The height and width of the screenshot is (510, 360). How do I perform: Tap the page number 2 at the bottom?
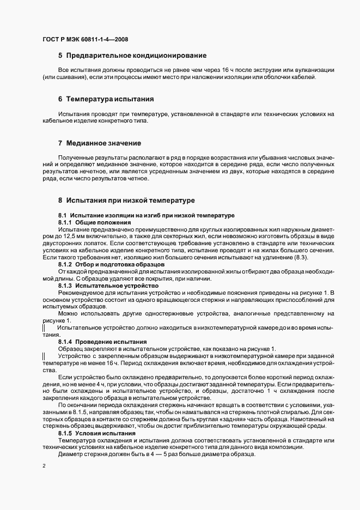tap(44, 466)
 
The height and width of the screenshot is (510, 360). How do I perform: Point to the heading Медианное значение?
tap(103, 143)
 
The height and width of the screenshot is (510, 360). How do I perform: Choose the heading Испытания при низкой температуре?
tap(126, 200)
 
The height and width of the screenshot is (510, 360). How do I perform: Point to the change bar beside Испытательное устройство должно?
tap(44, 329)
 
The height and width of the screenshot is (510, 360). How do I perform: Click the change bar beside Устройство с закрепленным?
tap(44, 355)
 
